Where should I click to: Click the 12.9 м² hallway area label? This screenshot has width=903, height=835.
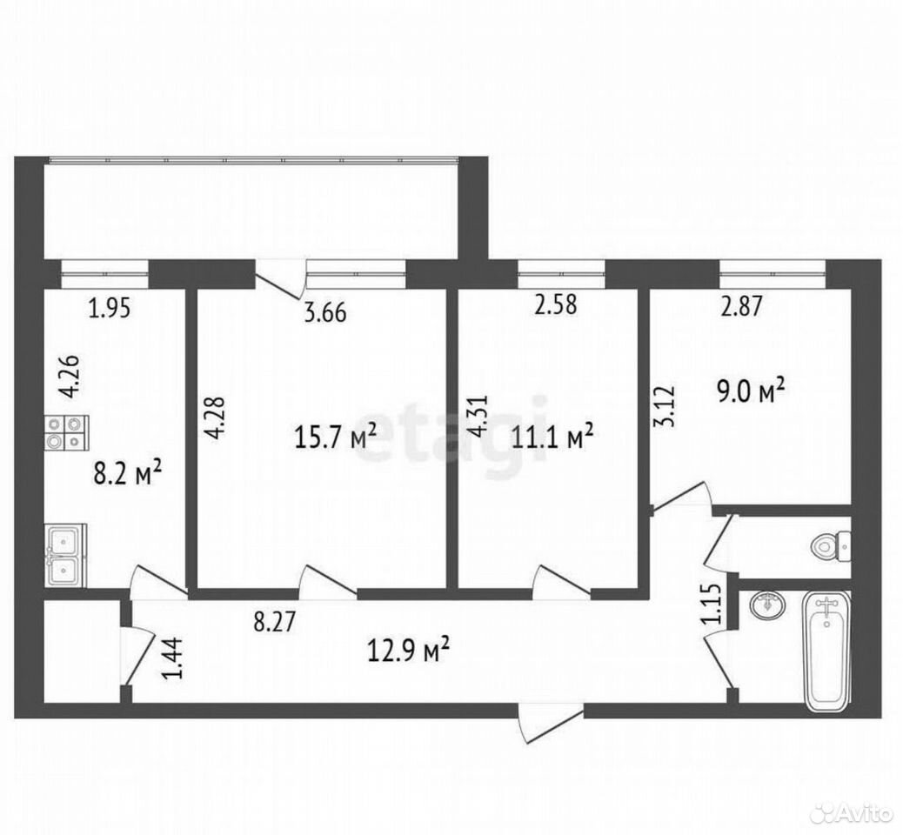coord(408,650)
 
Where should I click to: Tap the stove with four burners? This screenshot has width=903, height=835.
coord(65,432)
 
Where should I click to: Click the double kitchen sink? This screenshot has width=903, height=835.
coord(65,555)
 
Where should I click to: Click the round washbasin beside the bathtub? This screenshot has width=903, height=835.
coord(768,605)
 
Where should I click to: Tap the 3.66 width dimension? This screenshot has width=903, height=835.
coord(324,313)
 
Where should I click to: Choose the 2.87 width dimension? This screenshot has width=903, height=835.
coord(741,305)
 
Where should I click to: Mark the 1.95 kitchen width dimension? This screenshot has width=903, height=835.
coord(110,308)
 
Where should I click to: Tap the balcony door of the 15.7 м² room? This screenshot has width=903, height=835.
coord(280,280)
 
